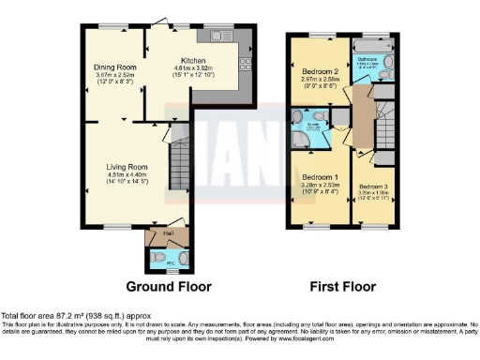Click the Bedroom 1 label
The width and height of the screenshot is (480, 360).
click(320, 177)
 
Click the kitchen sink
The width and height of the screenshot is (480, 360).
click(222, 37)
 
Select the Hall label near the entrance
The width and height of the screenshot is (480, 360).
click(169, 232)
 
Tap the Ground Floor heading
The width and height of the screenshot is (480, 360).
click(169, 286)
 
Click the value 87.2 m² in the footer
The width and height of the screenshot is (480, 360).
click(68, 316)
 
